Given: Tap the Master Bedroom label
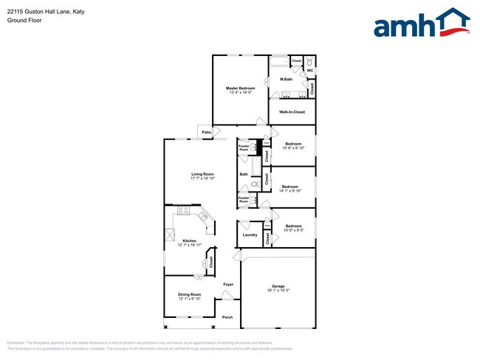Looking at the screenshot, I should (x=240, y=88).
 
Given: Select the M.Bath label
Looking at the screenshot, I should (x=286, y=79).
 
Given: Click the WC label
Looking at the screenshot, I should (x=309, y=71).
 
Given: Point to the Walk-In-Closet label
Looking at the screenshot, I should (x=292, y=112).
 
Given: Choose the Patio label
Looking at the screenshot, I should (x=206, y=133).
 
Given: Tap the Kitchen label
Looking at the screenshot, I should (x=189, y=240).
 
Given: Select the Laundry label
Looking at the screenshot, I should (x=250, y=235).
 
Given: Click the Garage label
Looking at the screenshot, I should (x=278, y=285).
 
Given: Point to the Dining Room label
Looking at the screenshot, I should (x=189, y=294).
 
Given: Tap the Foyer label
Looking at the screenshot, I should (x=229, y=284).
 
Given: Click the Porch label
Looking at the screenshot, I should (x=227, y=317).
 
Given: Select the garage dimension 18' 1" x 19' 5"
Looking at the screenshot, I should (x=278, y=290).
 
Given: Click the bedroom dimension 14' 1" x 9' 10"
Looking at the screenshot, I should (x=289, y=191).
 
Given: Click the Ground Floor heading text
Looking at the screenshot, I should (x=24, y=20).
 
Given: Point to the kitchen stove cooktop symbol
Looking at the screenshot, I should (x=183, y=213).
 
